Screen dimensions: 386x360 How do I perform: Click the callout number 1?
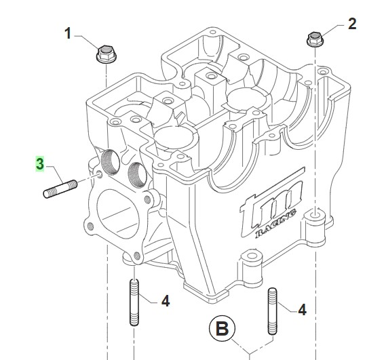tap(68, 33)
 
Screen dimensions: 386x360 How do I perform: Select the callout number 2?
tap(352, 24)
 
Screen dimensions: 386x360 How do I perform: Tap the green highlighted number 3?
tap(40, 163)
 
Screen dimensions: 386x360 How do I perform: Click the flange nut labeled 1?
tap(106, 54)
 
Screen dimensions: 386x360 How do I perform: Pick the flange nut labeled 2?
tap(315, 39)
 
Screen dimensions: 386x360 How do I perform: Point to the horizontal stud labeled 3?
tap(60, 188)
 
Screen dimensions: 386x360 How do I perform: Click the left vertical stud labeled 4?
tap(134, 302)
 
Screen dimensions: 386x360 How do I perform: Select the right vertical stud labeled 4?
tap(272, 311)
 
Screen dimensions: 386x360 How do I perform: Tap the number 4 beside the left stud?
tap(166, 301)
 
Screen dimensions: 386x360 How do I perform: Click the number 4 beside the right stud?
tap(302, 310)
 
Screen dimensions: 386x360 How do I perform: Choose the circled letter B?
tap(222, 329)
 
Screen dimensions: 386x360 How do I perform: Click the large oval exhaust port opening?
tap(118, 214)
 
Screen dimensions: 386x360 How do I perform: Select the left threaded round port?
tap(111, 162)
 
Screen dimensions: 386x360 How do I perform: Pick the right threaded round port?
tap(137, 175)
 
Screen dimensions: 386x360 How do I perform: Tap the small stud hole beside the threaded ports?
tap(100, 174)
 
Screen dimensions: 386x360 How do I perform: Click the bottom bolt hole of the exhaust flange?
tap(137, 256)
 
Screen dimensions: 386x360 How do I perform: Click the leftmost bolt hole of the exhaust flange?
tap(91, 226)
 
